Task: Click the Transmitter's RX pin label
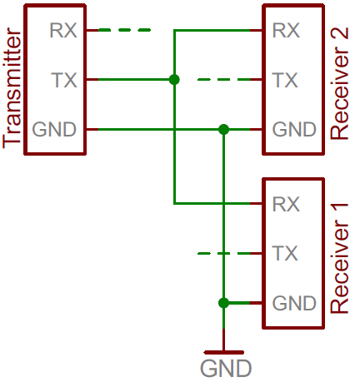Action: (63, 30)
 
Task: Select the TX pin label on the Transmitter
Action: (64, 80)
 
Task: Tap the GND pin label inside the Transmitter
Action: (54, 129)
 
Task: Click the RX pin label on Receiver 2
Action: (286, 30)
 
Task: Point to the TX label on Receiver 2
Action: (285, 80)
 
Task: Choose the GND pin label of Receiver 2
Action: (294, 129)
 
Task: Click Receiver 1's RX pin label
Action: (286, 204)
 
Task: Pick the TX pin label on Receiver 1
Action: (285, 253)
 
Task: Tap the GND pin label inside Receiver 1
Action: (294, 303)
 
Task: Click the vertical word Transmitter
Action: (12, 87)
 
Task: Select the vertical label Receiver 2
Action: (338, 83)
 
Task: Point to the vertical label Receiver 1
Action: (338, 259)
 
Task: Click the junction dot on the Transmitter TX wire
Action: (174, 80)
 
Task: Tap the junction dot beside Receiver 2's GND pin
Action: (223, 129)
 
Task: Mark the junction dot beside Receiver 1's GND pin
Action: (223, 303)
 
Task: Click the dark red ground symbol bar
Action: (224, 353)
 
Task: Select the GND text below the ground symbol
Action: (226, 369)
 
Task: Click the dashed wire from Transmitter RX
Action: (125, 30)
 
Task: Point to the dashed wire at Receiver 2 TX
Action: (224, 80)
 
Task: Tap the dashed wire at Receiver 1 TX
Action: (224, 253)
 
